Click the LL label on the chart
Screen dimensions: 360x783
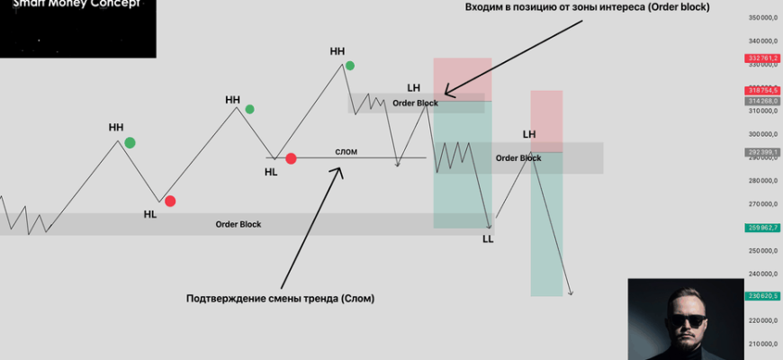[488, 239]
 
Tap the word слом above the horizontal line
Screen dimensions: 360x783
[346, 151]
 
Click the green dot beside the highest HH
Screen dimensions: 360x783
[350, 65]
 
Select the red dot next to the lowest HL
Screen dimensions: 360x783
[170, 202]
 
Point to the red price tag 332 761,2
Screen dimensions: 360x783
[762, 58]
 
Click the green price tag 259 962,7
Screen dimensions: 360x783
[762, 228]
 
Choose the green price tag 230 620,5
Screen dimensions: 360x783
[762, 295]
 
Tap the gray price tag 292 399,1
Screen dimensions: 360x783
[762, 152]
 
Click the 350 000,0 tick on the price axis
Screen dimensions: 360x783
[762, 18]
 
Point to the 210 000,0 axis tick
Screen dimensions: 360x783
[762, 343]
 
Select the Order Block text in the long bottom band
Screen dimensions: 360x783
[238, 224]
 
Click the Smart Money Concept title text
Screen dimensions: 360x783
[76, 4]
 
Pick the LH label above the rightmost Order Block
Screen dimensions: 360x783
[529, 134]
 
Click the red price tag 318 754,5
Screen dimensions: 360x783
[762, 90]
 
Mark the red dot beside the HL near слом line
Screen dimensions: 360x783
[291, 158]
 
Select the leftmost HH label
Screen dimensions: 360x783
[116, 127]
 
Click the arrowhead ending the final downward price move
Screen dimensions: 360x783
[570, 292]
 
